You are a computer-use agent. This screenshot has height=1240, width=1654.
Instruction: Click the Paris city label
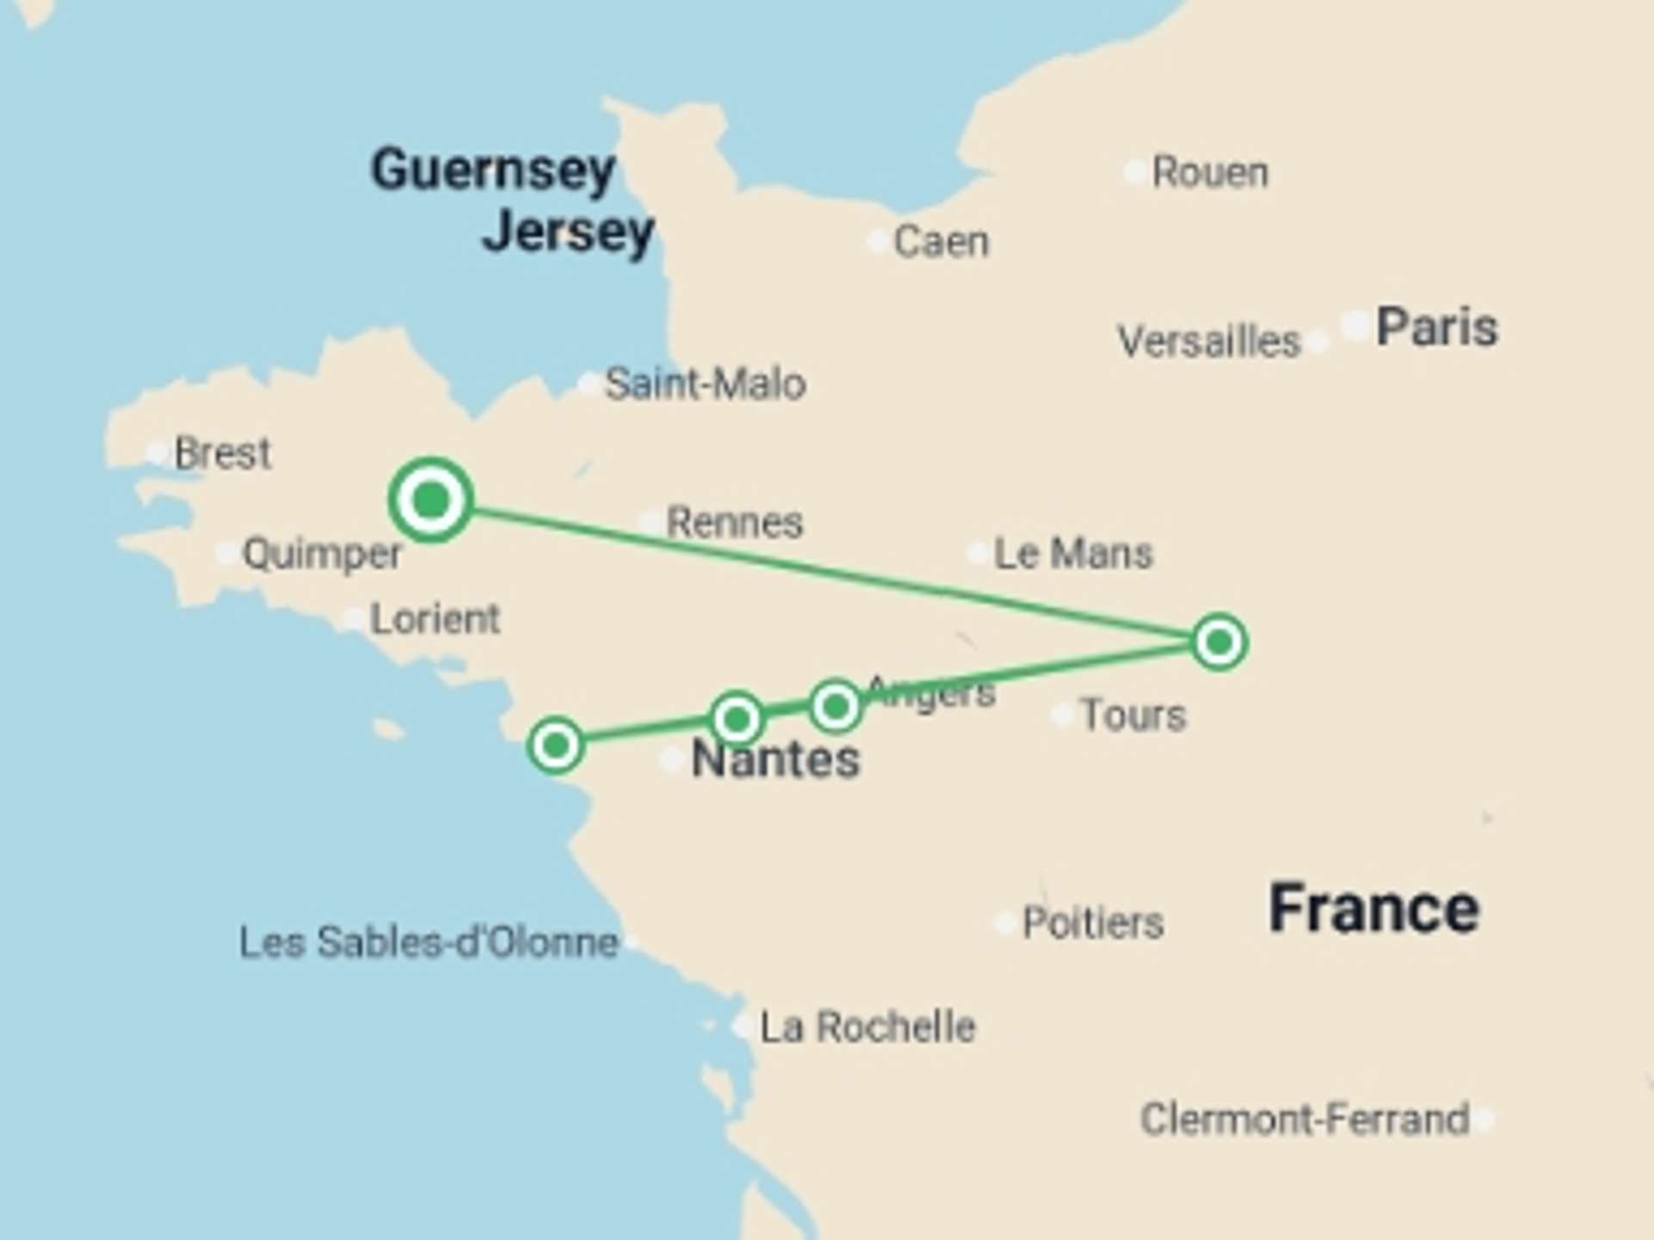(x=1436, y=328)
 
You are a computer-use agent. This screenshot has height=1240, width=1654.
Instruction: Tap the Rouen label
(x=1209, y=172)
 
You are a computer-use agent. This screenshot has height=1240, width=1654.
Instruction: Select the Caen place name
(x=941, y=242)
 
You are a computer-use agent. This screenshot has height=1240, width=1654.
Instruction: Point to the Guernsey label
(x=493, y=170)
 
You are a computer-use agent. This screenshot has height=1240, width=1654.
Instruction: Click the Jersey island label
(x=569, y=232)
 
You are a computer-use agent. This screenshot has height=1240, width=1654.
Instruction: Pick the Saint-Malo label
(x=705, y=384)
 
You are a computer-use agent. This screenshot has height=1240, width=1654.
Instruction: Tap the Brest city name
(x=222, y=453)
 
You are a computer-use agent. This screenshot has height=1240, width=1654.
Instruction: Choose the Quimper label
(x=321, y=554)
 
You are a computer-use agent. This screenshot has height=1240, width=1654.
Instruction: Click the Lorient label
(x=434, y=619)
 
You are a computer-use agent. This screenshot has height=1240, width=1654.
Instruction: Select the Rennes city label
(x=734, y=523)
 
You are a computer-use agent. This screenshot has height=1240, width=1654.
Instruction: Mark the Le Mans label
(x=1073, y=554)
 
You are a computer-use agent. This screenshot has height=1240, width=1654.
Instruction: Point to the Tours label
(x=1133, y=716)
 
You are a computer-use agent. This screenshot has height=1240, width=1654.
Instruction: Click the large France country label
(x=1373, y=909)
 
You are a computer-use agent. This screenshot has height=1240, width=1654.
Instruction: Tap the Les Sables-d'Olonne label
(x=428, y=942)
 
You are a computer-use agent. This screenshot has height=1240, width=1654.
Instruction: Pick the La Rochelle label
(x=867, y=1027)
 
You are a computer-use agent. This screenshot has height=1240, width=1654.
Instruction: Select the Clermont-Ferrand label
(x=1304, y=1119)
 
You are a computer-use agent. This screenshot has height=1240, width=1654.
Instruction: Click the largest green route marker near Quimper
(x=431, y=500)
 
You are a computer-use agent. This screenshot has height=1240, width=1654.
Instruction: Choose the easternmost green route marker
(x=1219, y=642)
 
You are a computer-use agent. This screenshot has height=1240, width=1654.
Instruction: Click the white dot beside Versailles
(x=1317, y=342)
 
